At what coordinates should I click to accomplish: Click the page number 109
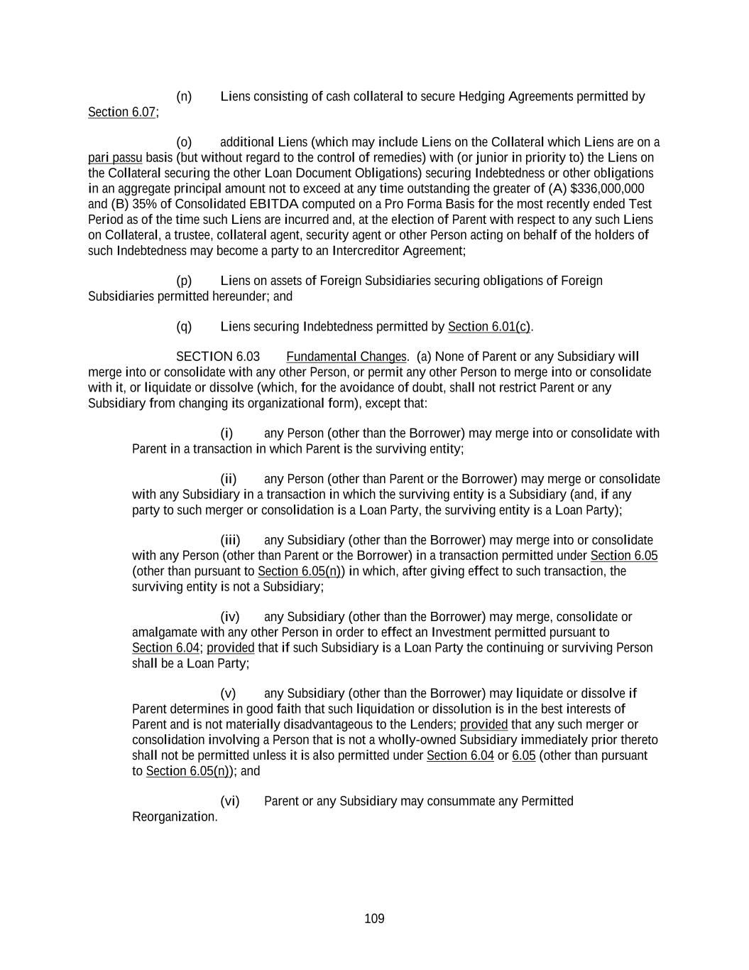tap(374, 919)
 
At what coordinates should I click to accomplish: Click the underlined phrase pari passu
tap(115, 157)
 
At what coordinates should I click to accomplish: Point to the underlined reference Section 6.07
tap(121, 112)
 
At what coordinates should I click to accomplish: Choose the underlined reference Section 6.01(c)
tap(489, 326)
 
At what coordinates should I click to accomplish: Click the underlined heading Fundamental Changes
tap(346, 356)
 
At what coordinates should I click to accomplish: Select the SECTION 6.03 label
tap(217, 356)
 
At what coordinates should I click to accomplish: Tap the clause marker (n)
tap(184, 96)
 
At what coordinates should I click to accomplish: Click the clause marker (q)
tap(184, 326)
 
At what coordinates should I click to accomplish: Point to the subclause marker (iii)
tap(230, 540)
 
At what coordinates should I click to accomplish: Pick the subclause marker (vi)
tap(230, 801)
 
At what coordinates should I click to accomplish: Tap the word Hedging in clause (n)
tap(481, 96)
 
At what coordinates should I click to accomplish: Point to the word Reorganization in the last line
tap(174, 817)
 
